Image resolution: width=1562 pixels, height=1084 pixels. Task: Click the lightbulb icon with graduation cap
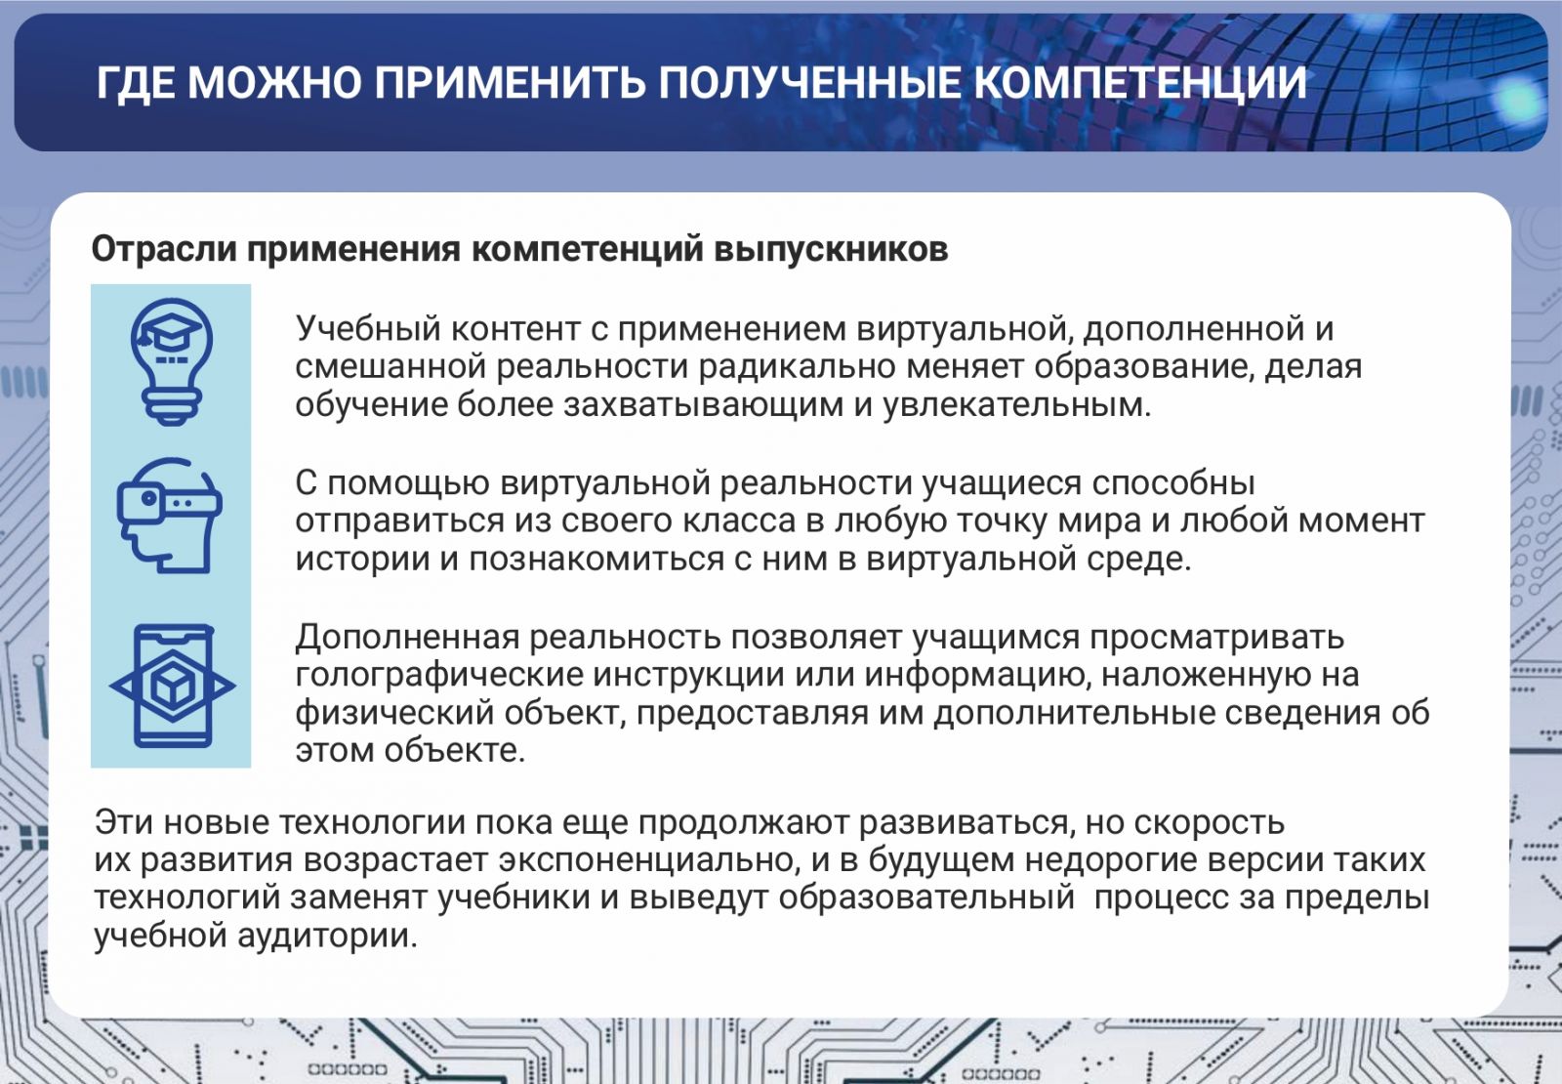coord(172,361)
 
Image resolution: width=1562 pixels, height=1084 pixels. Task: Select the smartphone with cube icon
coord(173,686)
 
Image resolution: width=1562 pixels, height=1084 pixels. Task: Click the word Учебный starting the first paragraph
coord(367,329)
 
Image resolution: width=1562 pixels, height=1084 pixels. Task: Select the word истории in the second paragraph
coord(362,561)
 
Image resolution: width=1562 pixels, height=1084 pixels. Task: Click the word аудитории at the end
coord(327,937)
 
